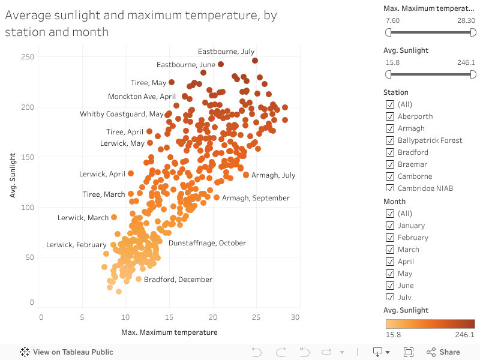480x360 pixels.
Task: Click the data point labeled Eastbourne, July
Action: click(255, 61)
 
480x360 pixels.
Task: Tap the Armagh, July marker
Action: click(246, 175)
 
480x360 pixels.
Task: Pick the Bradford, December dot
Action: click(139, 279)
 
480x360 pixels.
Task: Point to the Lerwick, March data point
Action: click(114, 217)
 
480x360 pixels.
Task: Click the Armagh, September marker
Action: click(217, 197)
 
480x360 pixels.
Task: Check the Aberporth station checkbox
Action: click(391, 116)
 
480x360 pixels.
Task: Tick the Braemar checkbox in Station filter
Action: click(391, 164)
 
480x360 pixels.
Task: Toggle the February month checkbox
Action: click(391, 238)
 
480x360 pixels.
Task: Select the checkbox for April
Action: click(391, 262)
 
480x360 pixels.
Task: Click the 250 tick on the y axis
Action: click(28, 57)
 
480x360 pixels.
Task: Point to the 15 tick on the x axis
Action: click(169, 317)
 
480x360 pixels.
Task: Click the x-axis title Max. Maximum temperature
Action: click(169, 332)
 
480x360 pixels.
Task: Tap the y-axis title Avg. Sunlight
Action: click(13, 175)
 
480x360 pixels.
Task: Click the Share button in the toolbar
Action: click(443, 352)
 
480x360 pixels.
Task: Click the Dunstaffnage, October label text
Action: click(207, 243)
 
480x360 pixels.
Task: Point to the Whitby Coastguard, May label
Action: click(122, 114)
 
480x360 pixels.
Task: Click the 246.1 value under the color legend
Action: click(465, 335)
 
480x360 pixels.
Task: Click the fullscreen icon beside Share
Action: click(409, 352)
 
